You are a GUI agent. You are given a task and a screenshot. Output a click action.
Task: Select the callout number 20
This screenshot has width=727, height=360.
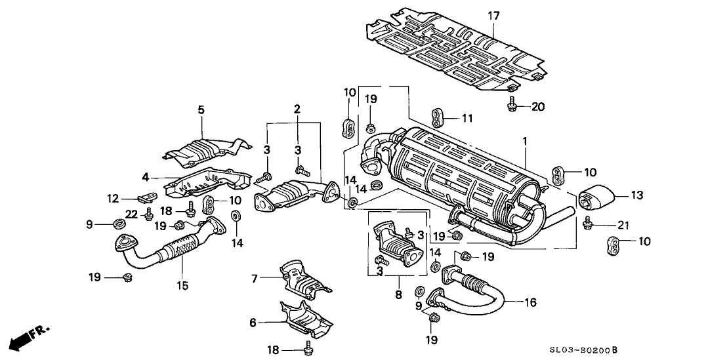pos(538,106)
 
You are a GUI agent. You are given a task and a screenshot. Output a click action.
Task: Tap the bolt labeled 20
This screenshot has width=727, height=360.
pos(512,104)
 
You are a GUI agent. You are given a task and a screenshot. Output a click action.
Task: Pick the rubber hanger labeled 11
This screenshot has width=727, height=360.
pos(439,117)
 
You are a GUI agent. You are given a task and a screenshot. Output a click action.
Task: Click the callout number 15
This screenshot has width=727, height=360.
pos(182,285)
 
